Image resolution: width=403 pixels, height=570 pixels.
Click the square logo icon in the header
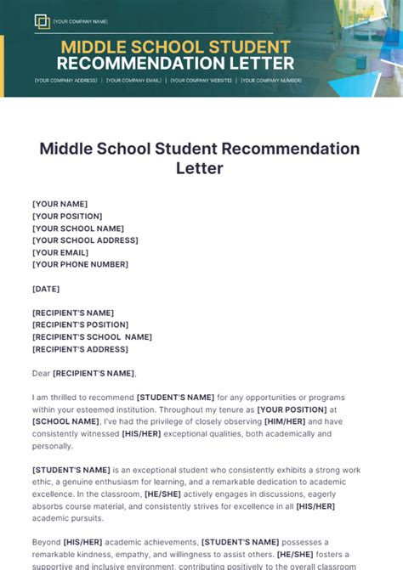click(x=42, y=21)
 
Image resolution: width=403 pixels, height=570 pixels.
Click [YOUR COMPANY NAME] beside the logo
click(x=81, y=21)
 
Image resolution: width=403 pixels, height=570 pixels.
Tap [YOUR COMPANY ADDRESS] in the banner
click(x=65, y=81)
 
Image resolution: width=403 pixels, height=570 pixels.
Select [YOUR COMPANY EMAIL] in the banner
click(x=133, y=81)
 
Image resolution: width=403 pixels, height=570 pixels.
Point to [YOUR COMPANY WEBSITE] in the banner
click(x=201, y=81)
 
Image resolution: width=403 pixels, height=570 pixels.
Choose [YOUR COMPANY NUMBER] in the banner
click(x=271, y=81)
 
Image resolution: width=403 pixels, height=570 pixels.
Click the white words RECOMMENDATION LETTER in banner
click(x=175, y=64)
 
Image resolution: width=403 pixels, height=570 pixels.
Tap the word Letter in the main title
click(x=200, y=168)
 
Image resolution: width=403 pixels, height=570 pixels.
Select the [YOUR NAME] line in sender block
click(x=60, y=204)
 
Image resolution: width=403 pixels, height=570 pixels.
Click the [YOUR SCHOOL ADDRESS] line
click(x=85, y=240)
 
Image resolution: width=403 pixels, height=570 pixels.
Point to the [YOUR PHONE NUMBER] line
click(x=80, y=264)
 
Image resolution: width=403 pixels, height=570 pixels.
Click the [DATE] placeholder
click(x=46, y=289)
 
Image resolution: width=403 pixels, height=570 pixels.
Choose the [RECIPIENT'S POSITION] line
click(x=80, y=325)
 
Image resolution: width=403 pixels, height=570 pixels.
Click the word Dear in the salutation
click(x=41, y=373)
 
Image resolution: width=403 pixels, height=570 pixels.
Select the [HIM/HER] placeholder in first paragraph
click(x=285, y=421)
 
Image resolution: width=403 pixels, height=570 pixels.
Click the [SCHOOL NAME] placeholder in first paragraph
click(x=65, y=421)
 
